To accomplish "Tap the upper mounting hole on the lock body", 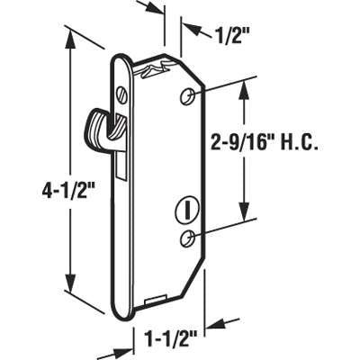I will coord(188,95).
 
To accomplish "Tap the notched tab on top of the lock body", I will coord(159,69).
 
